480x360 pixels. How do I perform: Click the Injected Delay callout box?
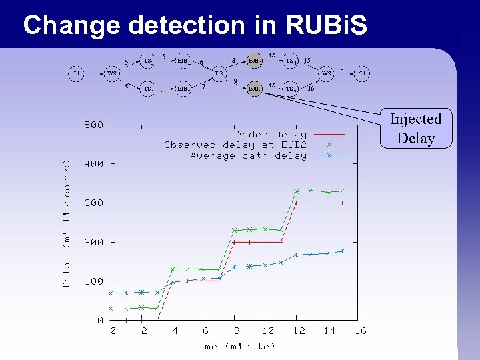(416, 128)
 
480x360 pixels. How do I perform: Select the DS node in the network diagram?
(218, 73)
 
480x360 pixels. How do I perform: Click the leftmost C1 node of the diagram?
(76, 73)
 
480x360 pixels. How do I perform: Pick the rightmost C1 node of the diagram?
(361, 73)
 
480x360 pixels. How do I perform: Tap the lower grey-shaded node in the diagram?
(254, 88)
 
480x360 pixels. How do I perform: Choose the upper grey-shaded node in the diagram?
(254, 60)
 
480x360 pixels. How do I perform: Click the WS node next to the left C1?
(113, 73)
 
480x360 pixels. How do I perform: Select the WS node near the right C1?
(327, 73)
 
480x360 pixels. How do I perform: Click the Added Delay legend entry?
(271, 134)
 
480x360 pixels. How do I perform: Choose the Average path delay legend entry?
(248, 155)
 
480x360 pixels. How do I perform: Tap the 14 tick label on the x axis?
(329, 331)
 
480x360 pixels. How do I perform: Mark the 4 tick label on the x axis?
(175, 331)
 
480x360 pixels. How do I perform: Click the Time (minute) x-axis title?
(233, 346)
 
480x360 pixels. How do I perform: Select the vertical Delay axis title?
(67, 223)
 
